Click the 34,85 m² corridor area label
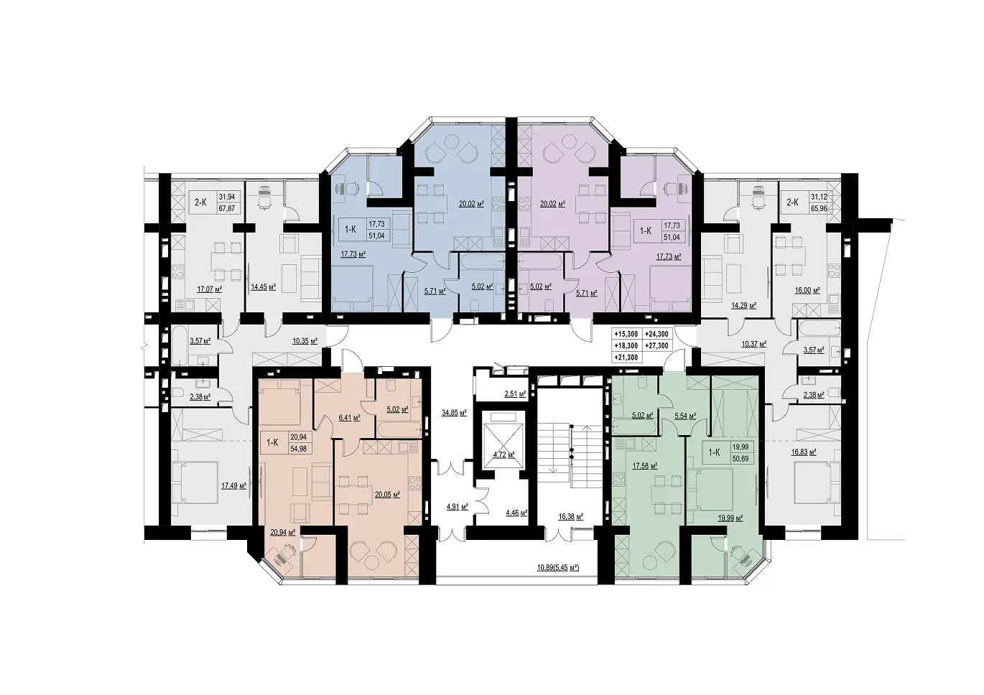[x=454, y=412]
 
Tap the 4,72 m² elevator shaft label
[x=504, y=454]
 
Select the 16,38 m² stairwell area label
[x=570, y=517]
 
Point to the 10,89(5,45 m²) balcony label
[x=558, y=568]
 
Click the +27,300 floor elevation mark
[x=656, y=346]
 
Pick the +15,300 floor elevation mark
[x=626, y=334]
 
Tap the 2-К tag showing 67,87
[x=200, y=202]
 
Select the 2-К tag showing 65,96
[x=792, y=202]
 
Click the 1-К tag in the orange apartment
[x=272, y=442]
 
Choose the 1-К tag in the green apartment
[x=714, y=452]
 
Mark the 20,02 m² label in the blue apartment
[x=472, y=204]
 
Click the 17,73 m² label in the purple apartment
[x=669, y=257]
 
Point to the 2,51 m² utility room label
[x=515, y=394]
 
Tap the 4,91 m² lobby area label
[x=458, y=506]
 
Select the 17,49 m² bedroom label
[x=233, y=485]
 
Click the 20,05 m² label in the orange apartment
[x=387, y=495]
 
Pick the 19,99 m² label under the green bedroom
[x=730, y=518]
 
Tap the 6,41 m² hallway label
[x=350, y=418]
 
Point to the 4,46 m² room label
[x=516, y=513]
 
